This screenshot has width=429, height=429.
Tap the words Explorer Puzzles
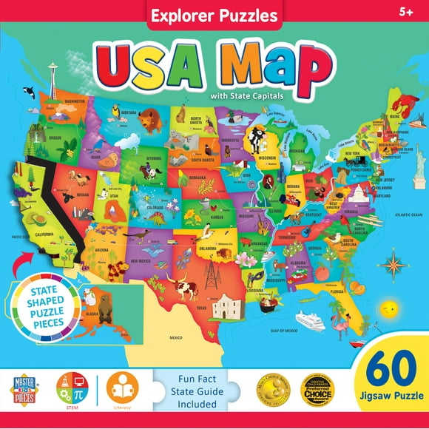(214, 14)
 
